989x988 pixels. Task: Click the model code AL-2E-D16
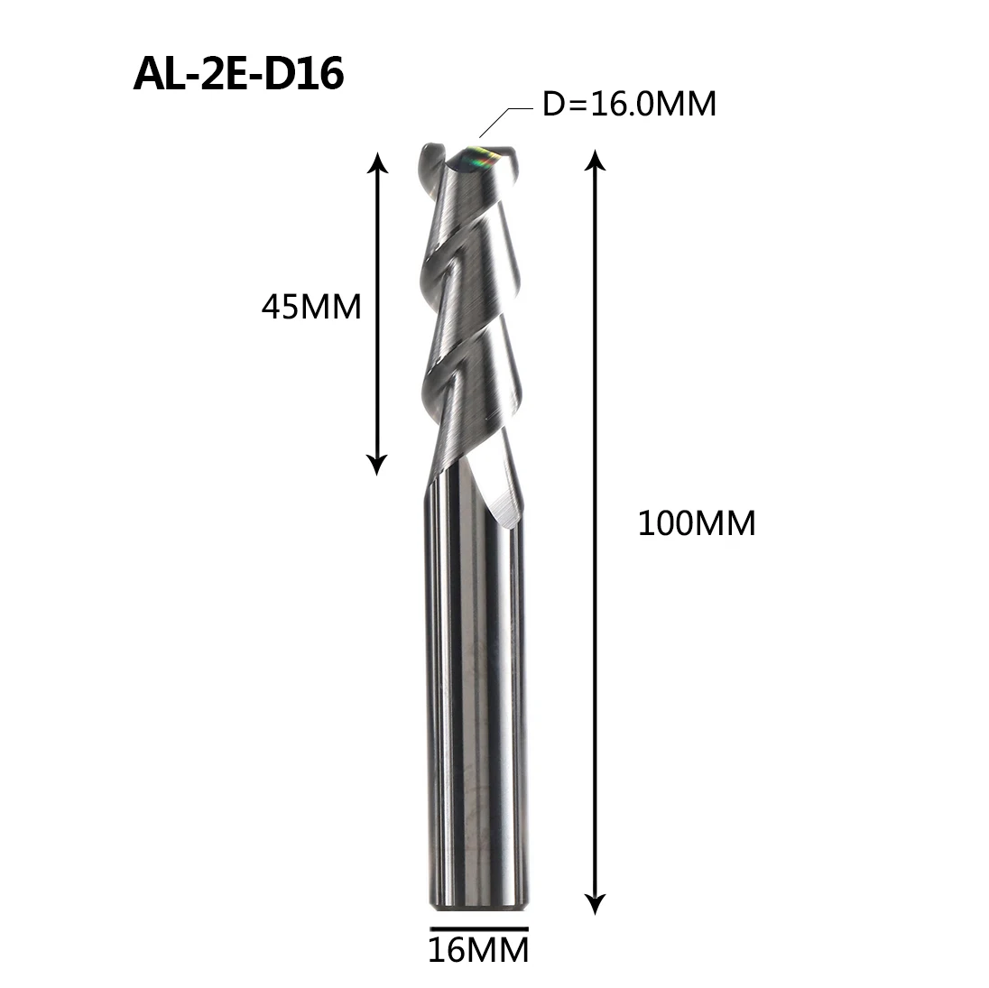(238, 76)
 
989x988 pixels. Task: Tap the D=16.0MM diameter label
(629, 105)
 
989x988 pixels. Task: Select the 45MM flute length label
(310, 308)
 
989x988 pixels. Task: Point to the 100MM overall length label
(696, 523)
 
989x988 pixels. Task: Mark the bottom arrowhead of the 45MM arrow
(379, 464)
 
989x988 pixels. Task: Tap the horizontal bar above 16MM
(478, 927)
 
